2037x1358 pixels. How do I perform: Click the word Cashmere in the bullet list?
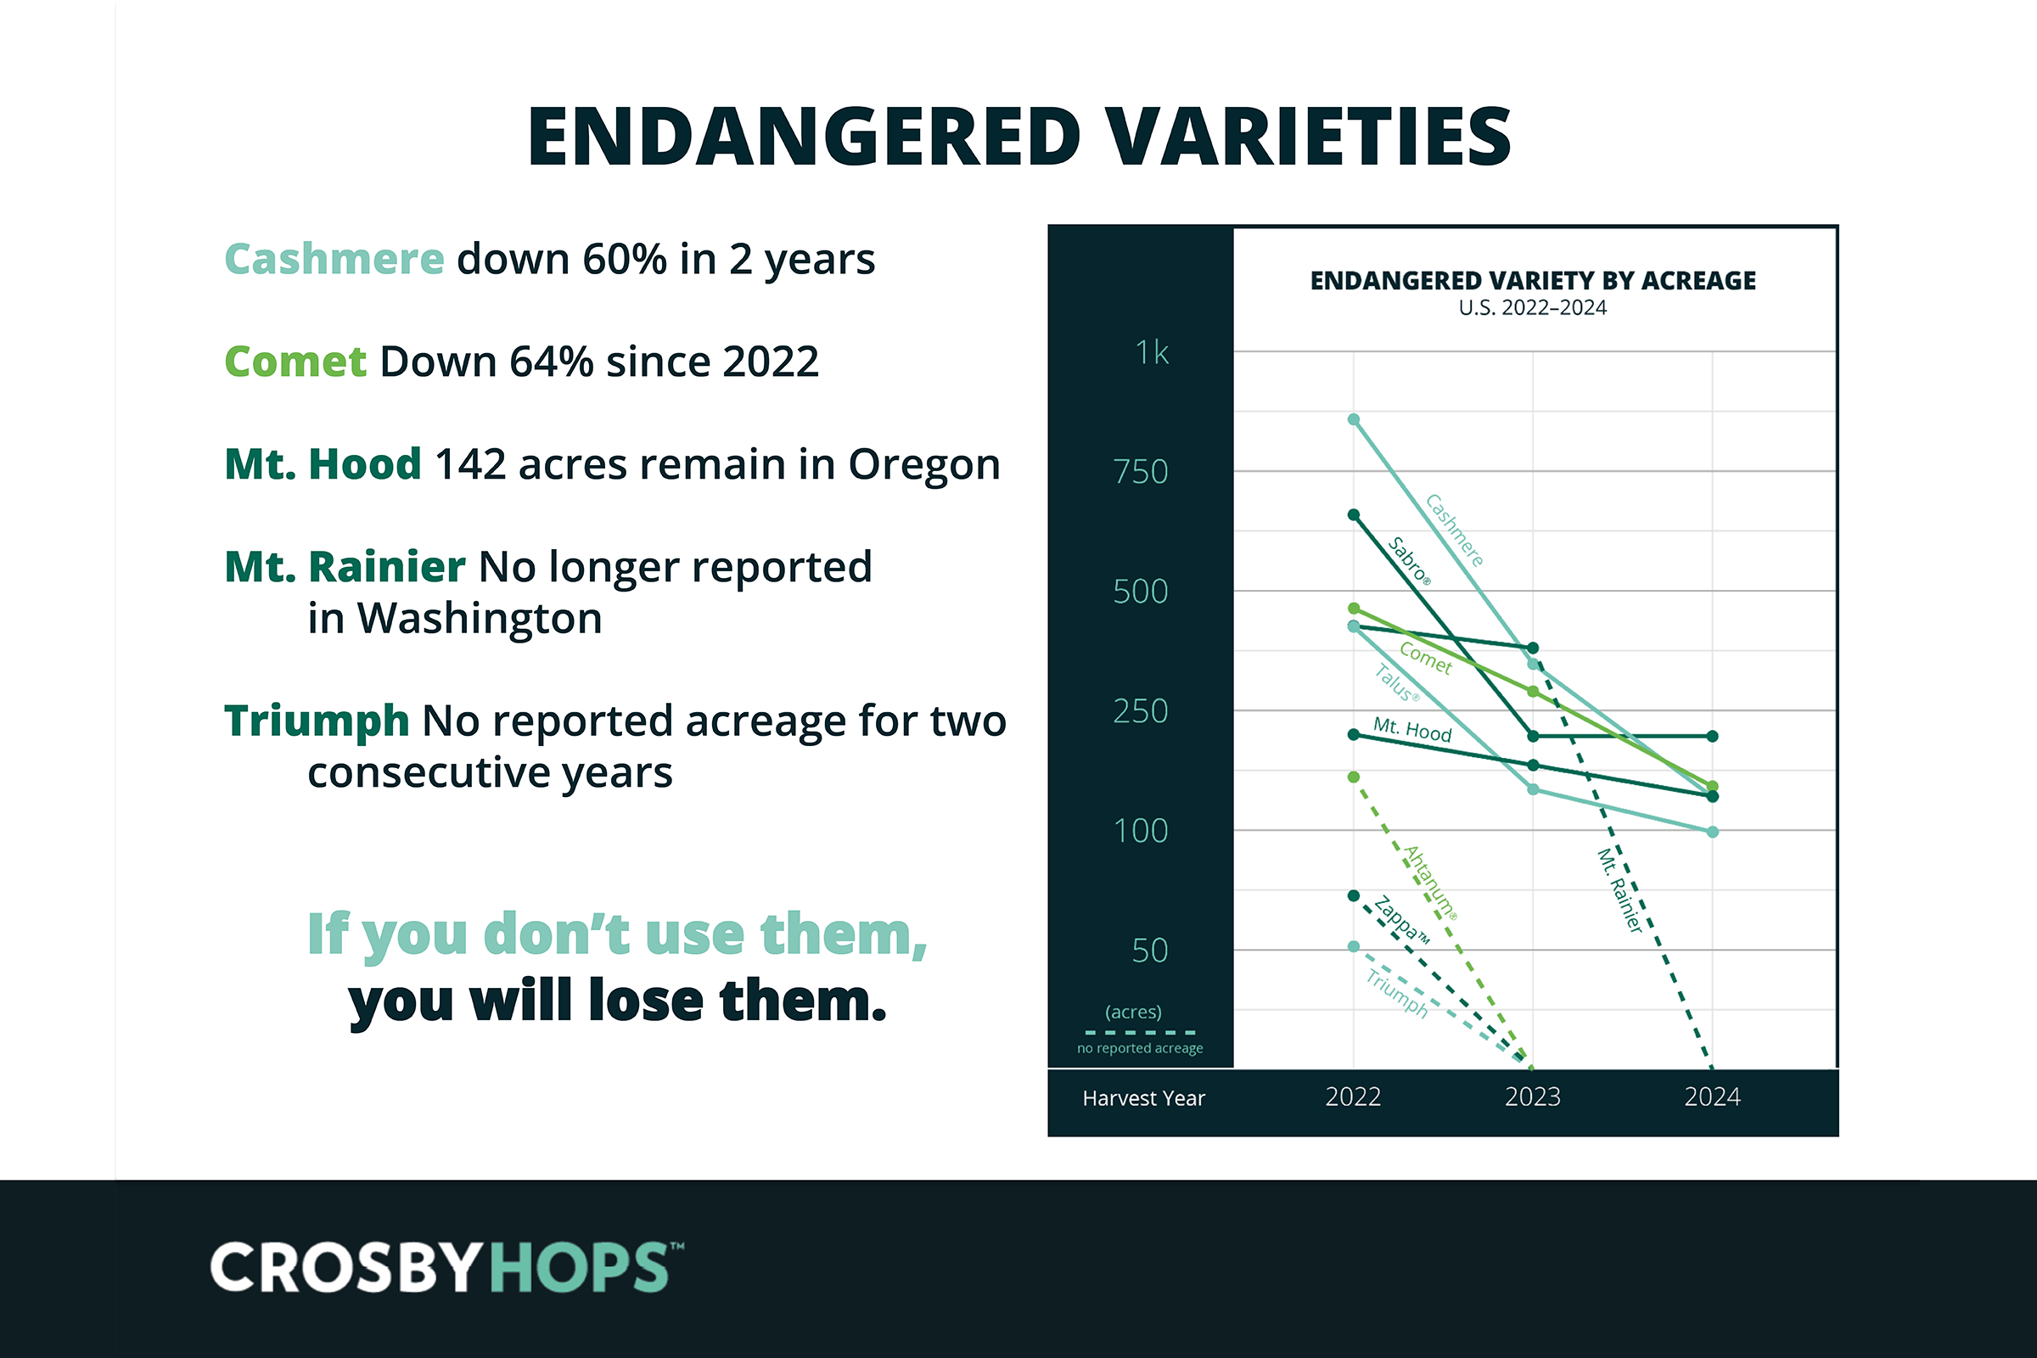click(x=334, y=259)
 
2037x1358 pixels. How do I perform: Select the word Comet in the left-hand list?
click(x=295, y=362)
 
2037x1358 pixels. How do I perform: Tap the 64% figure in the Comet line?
click(x=551, y=362)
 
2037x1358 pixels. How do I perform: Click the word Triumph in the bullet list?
click(x=316, y=722)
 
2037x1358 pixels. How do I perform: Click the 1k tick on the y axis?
click(x=1152, y=352)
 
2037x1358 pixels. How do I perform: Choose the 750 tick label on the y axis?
click(x=1141, y=472)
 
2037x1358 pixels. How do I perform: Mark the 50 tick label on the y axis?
click(x=1150, y=951)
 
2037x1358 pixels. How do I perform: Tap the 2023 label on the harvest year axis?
click(x=1532, y=1097)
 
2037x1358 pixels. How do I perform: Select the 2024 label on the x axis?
click(x=1712, y=1097)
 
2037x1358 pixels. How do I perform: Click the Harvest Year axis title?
click(x=1143, y=1098)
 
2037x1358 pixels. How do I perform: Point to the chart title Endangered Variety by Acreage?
click(x=1533, y=281)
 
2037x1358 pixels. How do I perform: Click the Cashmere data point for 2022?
click(x=1354, y=420)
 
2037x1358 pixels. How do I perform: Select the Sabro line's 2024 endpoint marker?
click(x=1712, y=736)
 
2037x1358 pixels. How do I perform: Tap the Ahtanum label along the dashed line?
click(x=1430, y=883)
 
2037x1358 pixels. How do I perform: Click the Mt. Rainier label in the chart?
click(x=1619, y=890)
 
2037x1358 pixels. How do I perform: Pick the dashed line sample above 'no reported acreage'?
click(x=1140, y=1032)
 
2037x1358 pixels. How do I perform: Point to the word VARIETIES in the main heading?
click(x=1310, y=136)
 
